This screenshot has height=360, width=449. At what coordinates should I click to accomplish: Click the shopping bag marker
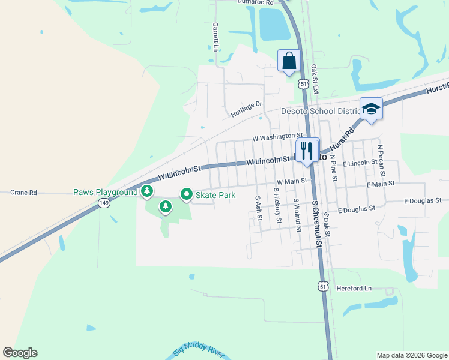pos(289,61)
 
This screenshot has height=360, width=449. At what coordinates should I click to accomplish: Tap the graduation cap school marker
pos(371,109)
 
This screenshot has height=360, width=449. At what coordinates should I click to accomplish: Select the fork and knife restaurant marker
pos(307,150)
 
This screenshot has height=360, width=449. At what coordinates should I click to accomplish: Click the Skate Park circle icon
pos(187,194)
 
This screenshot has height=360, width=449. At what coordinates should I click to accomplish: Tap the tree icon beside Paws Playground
pos(146,192)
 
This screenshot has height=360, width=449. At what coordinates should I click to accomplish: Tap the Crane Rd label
pos(24,193)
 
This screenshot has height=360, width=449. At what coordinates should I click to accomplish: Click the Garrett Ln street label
pos(214,37)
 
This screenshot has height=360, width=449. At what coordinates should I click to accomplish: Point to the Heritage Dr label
pos(247,109)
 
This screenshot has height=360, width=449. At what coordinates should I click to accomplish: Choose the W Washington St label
pos(277,137)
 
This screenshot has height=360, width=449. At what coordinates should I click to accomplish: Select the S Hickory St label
pos(277,205)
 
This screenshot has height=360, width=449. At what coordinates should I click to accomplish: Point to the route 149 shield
pos(105,203)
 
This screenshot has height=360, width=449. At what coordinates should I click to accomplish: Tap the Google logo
pos(20,353)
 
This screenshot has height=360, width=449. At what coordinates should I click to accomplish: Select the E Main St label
pos(380,184)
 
